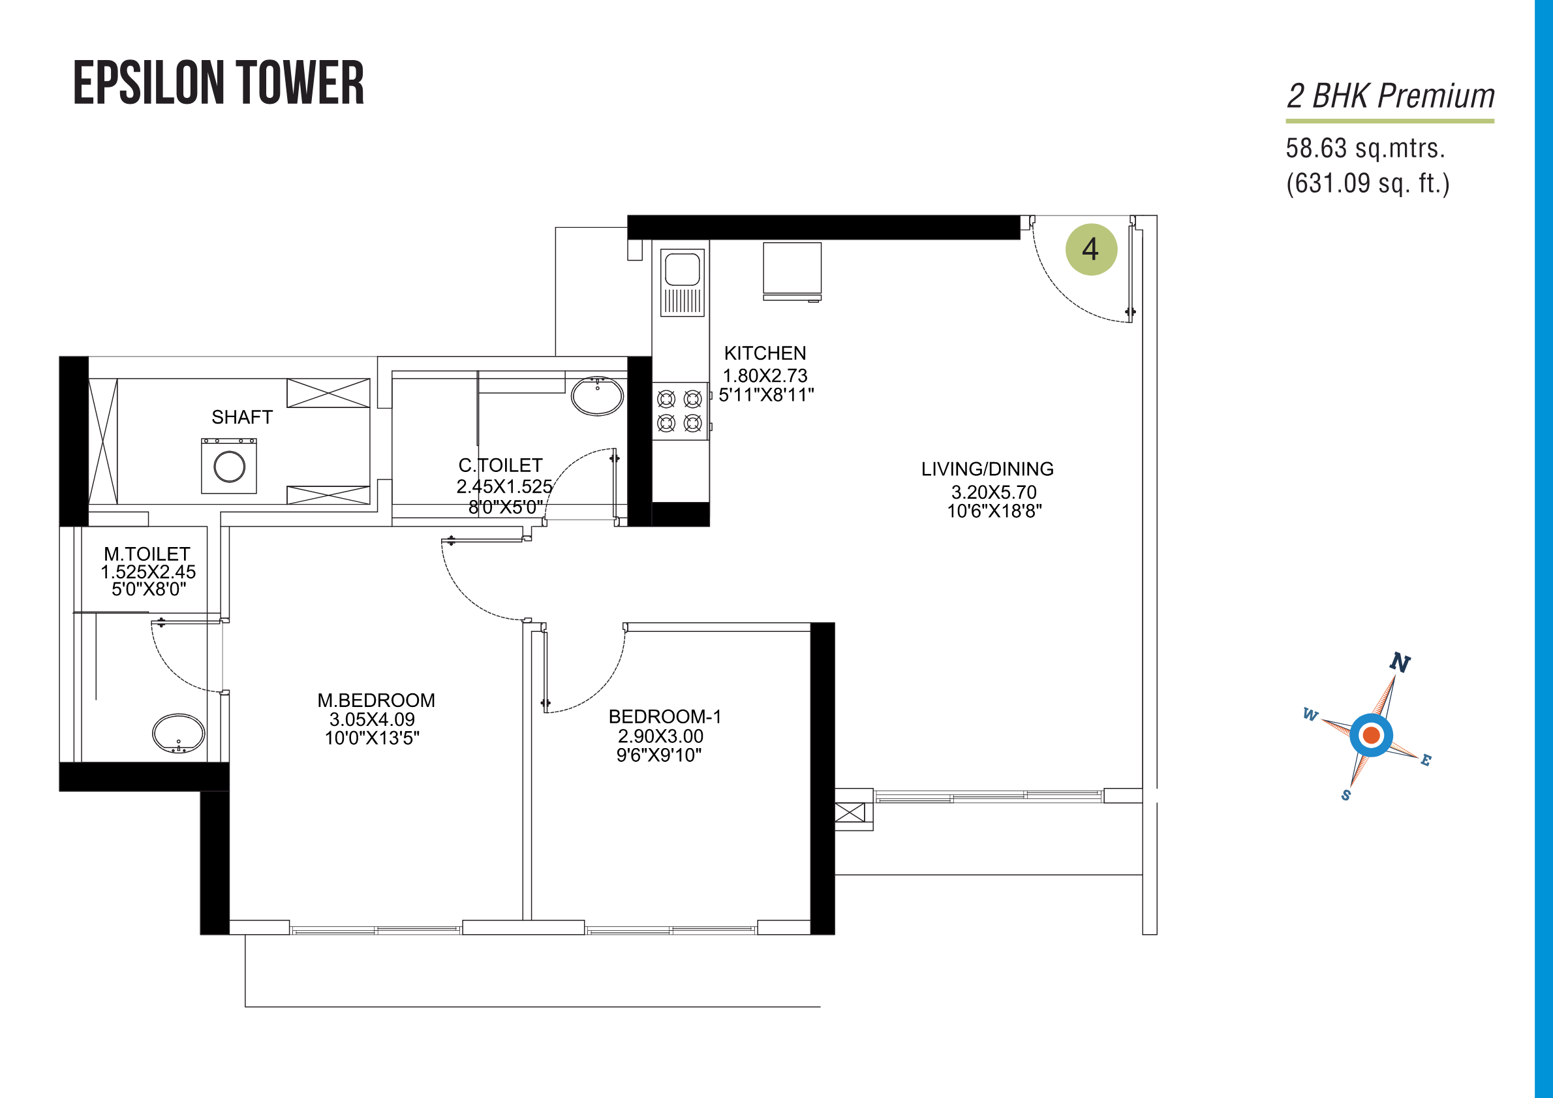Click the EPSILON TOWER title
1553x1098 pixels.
(219, 83)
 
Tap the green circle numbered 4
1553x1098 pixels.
(1091, 249)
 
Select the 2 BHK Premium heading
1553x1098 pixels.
(1391, 95)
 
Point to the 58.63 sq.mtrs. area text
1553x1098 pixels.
(1365, 148)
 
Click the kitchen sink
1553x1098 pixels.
(683, 282)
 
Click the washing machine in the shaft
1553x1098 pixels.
(229, 465)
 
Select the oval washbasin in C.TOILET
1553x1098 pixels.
(597, 396)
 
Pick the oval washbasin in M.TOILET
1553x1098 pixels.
(179, 733)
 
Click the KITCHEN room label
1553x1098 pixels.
(765, 353)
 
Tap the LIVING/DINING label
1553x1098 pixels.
(987, 469)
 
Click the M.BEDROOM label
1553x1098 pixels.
(376, 700)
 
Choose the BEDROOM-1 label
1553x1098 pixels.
(665, 716)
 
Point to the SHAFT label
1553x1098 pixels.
(242, 417)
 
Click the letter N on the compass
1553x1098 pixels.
(1400, 663)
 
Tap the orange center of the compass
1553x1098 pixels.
(1372, 734)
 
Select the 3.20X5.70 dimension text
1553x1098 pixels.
(994, 492)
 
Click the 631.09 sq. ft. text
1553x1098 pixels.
(1368, 183)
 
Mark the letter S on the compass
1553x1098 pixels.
(1346, 795)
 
